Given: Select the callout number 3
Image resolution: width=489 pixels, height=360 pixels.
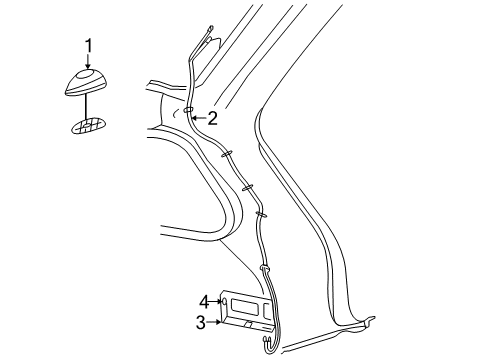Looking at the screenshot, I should (200, 321).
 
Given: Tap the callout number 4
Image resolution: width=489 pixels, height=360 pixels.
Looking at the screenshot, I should (202, 300).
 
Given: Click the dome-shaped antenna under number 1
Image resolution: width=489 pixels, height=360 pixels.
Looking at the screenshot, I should (87, 82).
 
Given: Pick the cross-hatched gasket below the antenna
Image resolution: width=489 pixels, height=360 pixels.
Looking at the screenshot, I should (88, 125).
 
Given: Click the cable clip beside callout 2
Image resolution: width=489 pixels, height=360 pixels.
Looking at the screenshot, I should (188, 111).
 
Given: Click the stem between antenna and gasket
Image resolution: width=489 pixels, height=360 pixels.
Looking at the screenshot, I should (87, 105).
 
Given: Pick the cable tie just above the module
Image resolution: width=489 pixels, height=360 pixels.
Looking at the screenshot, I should (265, 267).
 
